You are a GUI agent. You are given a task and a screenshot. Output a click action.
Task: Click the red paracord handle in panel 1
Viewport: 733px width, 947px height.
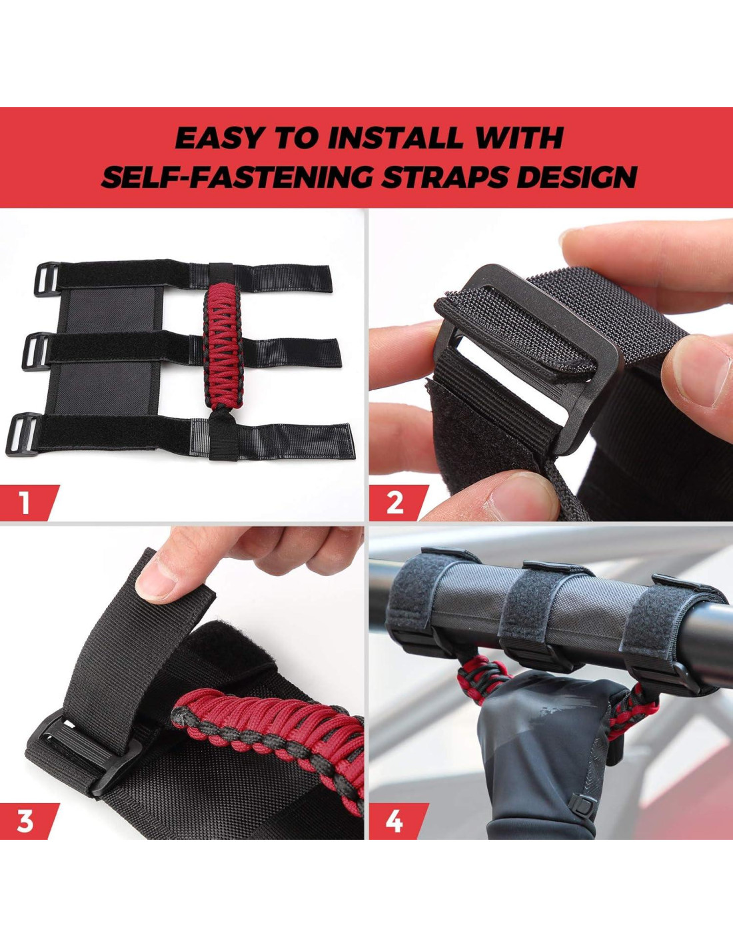click(x=223, y=349)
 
